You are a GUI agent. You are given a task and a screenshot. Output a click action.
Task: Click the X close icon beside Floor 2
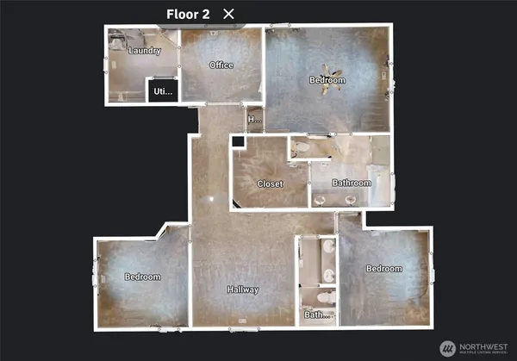[x=228, y=13]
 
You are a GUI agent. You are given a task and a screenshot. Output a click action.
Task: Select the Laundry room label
[x=144, y=51]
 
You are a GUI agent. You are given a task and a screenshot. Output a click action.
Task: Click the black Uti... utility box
[x=162, y=90]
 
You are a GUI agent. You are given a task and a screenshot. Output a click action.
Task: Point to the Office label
[x=221, y=65]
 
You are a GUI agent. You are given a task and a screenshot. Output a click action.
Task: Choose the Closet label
[x=270, y=184]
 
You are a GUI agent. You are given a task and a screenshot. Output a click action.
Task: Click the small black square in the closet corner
[x=238, y=142]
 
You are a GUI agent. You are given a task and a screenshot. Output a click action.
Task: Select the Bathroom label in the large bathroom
[x=352, y=183]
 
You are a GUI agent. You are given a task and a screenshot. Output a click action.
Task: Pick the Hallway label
[x=243, y=289]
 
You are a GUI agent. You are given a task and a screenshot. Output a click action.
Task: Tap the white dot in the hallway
[x=209, y=198]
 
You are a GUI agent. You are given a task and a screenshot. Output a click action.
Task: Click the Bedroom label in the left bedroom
[x=142, y=277]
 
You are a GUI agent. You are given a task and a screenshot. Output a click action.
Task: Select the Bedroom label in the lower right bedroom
[x=383, y=269]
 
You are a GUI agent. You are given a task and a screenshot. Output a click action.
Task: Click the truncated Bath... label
[x=318, y=314]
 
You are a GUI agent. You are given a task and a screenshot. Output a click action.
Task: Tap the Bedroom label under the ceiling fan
[x=327, y=81]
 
